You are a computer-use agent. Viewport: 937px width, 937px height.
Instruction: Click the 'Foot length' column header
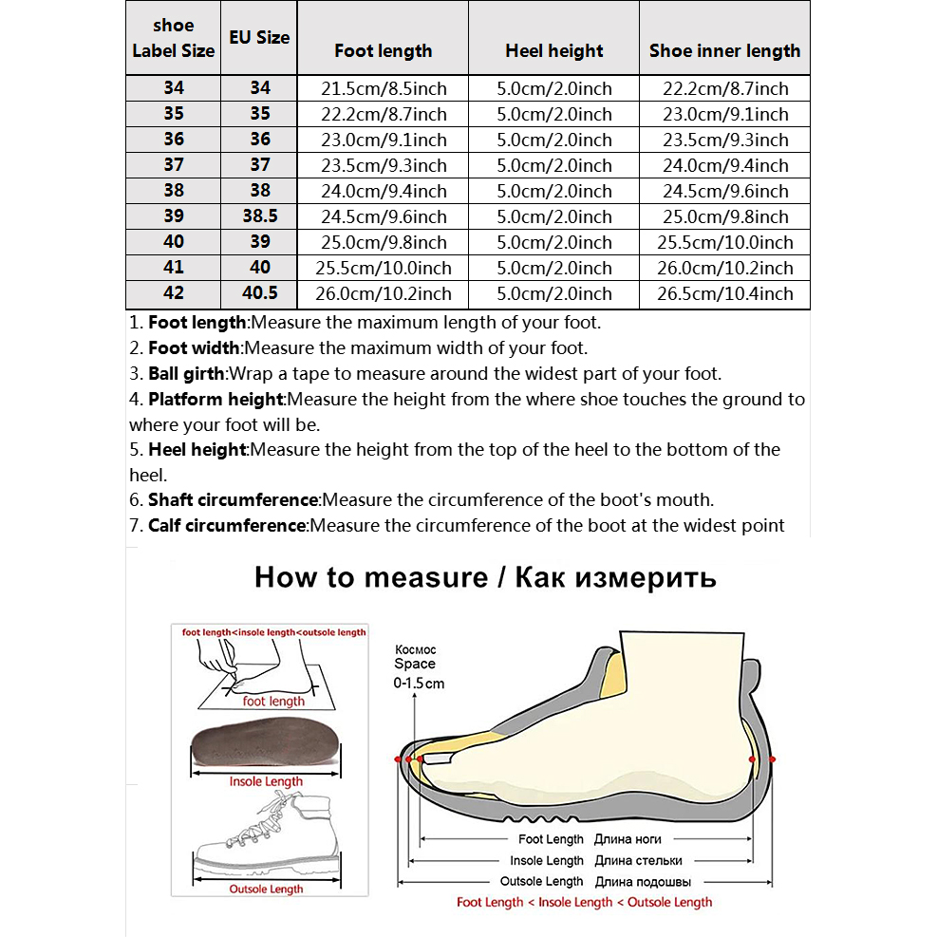(x=383, y=51)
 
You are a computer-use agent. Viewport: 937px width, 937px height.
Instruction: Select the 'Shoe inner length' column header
(x=724, y=51)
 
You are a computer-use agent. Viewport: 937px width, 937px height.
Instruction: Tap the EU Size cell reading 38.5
(x=260, y=216)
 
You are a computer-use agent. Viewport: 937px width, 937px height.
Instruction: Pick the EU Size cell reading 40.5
(x=260, y=292)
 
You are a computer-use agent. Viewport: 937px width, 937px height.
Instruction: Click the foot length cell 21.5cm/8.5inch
(x=384, y=88)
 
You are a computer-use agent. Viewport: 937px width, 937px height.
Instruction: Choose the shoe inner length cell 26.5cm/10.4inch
(x=725, y=293)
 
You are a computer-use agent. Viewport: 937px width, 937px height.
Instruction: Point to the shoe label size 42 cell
(x=174, y=292)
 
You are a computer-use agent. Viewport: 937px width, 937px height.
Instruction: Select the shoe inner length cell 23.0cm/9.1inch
(x=725, y=114)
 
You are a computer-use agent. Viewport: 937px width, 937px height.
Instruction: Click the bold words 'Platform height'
(x=216, y=399)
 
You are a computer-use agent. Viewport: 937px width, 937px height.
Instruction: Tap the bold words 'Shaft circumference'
(x=233, y=499)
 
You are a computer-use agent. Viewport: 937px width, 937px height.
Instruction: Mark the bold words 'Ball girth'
(x=186, y=373)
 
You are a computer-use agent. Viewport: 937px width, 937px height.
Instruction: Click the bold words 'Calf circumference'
(x=227, y=525)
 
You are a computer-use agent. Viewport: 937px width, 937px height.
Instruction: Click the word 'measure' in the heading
(x=426, y=578)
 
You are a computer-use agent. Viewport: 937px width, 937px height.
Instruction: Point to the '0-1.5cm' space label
(x=419, y=683)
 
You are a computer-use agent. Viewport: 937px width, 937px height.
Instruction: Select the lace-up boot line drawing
(x=267, y=833)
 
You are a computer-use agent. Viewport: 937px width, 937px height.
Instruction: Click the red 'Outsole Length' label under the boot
(x=266, y=890)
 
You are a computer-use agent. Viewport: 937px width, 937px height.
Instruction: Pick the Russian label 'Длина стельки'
(x=638, y=860)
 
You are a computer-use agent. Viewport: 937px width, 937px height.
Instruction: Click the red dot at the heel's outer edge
(x=772, y=759)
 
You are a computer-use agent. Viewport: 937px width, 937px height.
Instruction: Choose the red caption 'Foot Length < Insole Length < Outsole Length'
(x=585, y=902)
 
